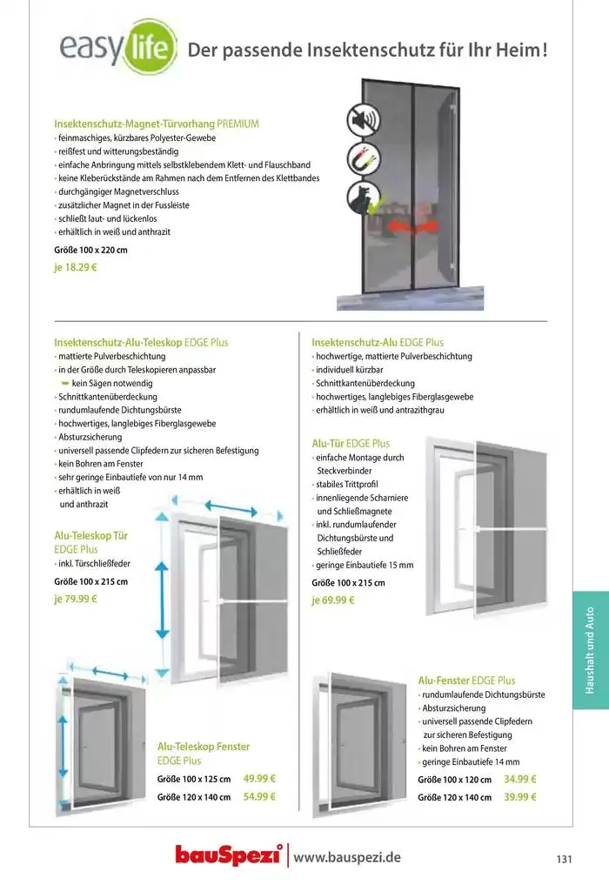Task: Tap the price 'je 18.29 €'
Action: pyautogui.click(x=76, y=268)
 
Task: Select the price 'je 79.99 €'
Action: pyautogui.click(x=76, y=599)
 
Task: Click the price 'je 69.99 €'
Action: pyautogui.click(x=333, y=600)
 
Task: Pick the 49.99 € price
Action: pyautogui.click(x=259, y=779)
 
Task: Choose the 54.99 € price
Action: pyautogui.click(x=259, y=796)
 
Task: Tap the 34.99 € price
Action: pyautogui.click(x=520, y=780)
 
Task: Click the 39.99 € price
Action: pyautogui.click(x=520, y=797)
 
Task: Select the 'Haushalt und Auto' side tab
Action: pyautogui.click(x=591, y=638)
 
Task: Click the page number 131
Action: pyautogui.click(x=564, y=859)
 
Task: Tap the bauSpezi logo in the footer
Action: pyautogui.click(x=229, y=856)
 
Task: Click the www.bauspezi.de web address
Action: pyautogui.click(x=347, y=857)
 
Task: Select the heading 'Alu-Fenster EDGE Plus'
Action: pyautogui.click(x=466, y=681)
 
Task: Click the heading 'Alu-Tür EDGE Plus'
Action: pyautogui.click(x=351, y=443)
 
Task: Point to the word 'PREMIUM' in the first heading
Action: pyautogui.click(x=238, y=124)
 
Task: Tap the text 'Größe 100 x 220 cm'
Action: pyautogui.click(x=91, y=251)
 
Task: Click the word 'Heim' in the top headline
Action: pyautogui.click(x=518, y=50)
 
